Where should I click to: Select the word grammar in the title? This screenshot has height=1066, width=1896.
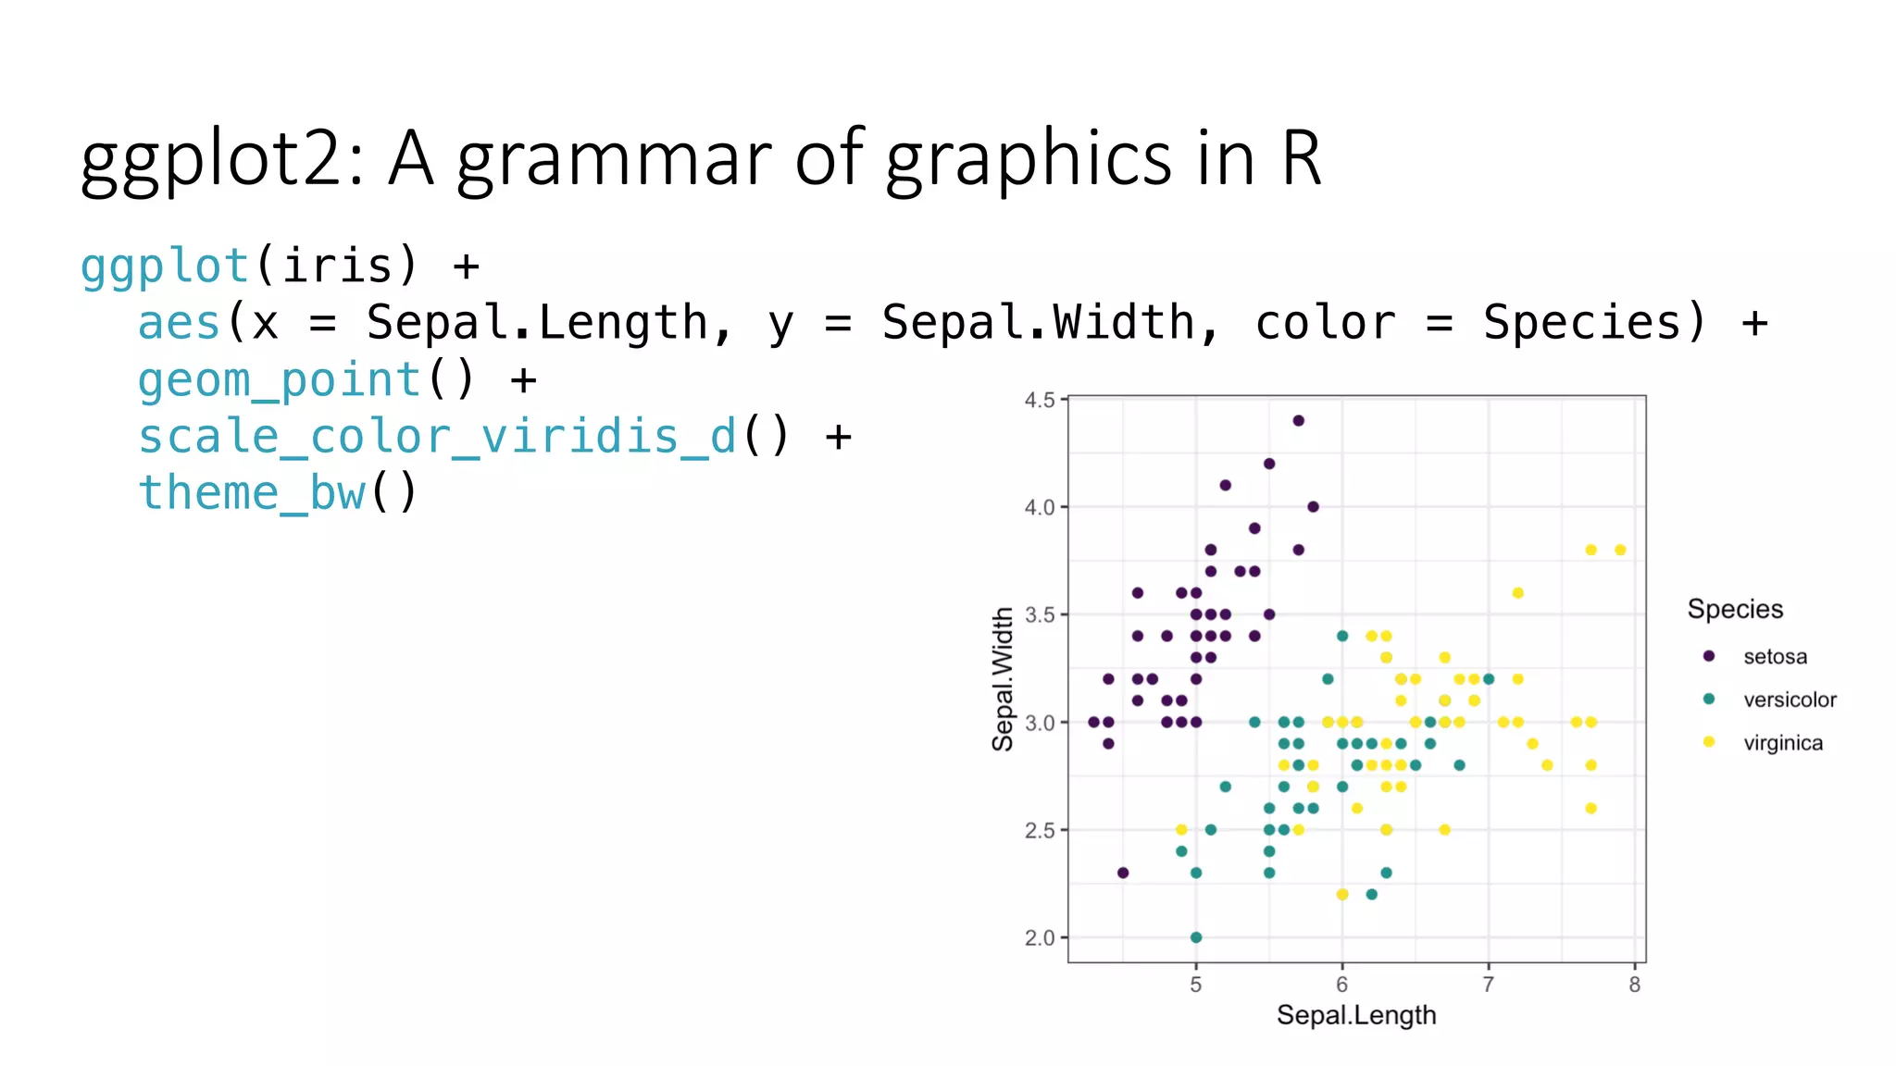(615, 159)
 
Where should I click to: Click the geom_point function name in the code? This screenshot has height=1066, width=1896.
(280, 380)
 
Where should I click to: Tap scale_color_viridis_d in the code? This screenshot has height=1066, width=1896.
(437, 437)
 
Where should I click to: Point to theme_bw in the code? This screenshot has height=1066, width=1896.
(252, 493)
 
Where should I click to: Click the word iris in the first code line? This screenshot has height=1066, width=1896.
(337, 266)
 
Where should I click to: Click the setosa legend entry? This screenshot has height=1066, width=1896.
(1775, 657)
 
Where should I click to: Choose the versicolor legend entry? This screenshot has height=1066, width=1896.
(1790, 700)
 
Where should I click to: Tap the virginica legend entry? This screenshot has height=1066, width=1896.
(1783, 743)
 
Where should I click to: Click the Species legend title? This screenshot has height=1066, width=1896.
(1735, 609)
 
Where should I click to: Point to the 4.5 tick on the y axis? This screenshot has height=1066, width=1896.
(1040, 400)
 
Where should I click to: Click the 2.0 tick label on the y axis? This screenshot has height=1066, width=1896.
(1040, 938)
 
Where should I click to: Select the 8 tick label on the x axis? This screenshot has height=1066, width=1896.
(1635, 985)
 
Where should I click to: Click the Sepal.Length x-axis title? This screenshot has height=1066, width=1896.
(1356, 1015)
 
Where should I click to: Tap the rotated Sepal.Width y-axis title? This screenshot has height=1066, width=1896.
(1003, 679)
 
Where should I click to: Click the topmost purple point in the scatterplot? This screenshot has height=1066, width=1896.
(1299, 421)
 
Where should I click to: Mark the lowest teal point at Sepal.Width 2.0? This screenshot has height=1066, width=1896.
(1196, 937)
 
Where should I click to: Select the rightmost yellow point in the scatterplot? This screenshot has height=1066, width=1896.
(1620, 550)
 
